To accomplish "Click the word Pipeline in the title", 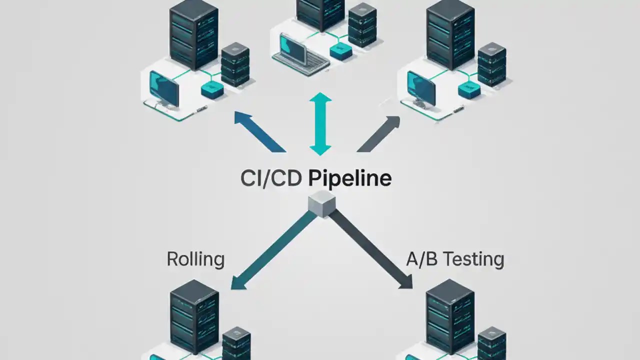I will point(349,178).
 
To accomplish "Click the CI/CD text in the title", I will point(270,178).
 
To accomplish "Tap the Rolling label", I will point(195,259).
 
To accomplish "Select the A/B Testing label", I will point(454,259).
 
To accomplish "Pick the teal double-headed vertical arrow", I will point(320,123).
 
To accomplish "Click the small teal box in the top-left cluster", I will point(212,90).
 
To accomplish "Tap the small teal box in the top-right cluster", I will point(468,90).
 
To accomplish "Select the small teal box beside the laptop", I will point(341,51).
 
